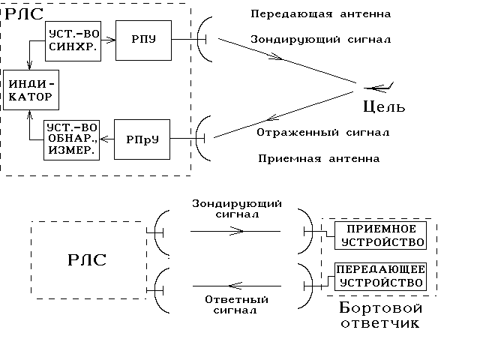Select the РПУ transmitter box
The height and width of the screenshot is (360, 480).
pos(142,40)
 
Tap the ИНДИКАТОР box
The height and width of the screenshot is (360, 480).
pos(29,90)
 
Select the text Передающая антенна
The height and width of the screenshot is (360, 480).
pos(321,14)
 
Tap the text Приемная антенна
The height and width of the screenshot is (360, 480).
pos(318,159)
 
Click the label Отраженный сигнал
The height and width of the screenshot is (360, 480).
pos(322,133)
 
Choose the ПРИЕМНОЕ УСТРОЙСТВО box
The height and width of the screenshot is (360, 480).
pos(379,235)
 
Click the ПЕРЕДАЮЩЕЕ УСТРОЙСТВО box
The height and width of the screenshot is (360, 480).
pos(379,276)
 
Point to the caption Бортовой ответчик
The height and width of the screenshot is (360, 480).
pos(381,316)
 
